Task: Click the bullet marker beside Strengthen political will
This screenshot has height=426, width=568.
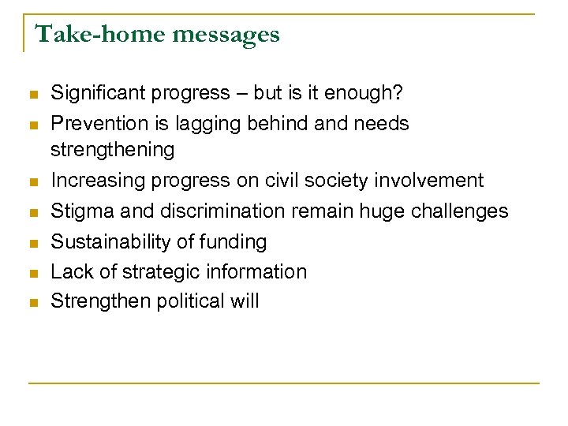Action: point(33,303)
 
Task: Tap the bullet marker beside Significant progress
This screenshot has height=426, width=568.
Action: point(33,95)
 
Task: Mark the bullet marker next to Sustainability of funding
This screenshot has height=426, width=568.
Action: point(33,243)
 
